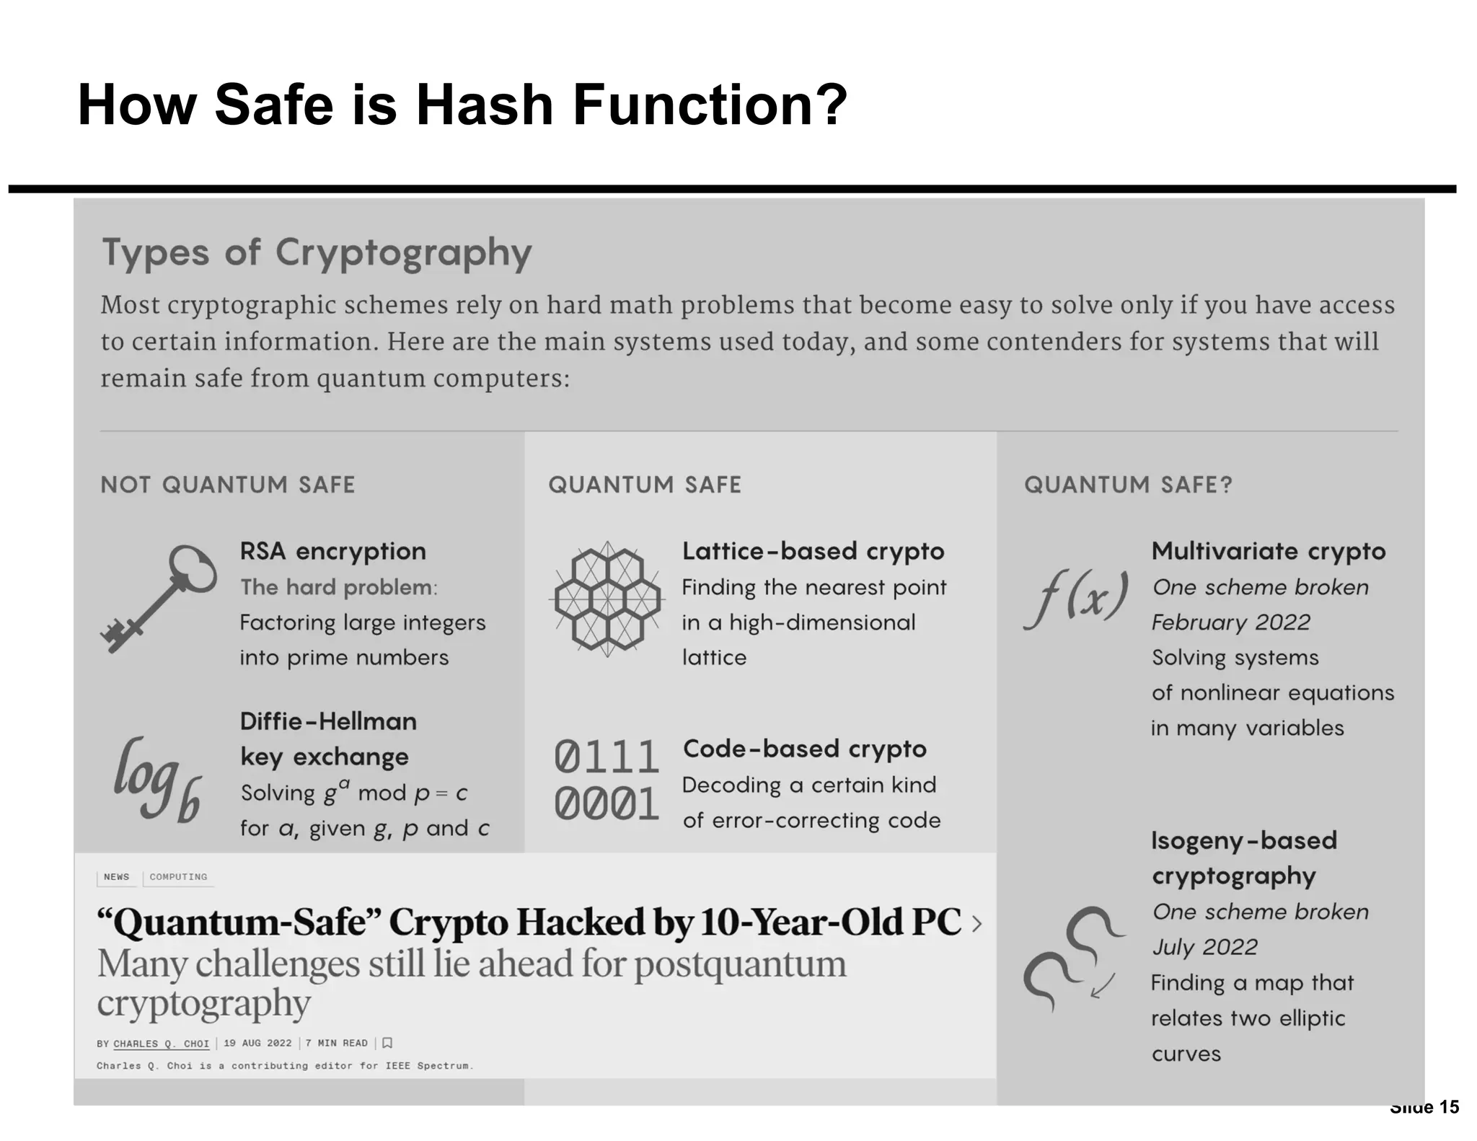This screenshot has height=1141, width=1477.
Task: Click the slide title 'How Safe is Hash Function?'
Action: coord(462,105)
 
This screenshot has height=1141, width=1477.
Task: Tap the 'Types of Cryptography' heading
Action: coord(317,253)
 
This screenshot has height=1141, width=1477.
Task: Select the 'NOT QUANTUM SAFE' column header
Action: coord(228,485)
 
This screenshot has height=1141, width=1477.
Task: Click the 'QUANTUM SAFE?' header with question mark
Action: coord(1128,485)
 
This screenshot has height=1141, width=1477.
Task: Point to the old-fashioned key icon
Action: coord(159,598)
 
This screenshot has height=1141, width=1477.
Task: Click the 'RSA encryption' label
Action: coord(332,552)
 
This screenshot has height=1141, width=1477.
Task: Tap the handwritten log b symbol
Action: coord(157,780)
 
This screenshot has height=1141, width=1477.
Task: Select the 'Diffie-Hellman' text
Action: coord(328,721)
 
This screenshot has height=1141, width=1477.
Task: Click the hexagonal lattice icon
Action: coord(607,599)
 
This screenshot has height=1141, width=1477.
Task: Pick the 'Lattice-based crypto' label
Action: coord(813,552)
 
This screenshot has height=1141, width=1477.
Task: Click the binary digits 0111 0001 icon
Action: coord(607,780)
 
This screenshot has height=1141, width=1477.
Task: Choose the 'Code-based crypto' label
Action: coord(804,749)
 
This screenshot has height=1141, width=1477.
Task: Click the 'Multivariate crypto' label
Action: coord(1269,552)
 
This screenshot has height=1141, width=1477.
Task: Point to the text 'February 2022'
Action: coord(1230,622)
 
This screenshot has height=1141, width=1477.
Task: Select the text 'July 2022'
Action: coord(1204,947)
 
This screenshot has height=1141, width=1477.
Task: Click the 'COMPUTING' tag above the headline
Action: coord(178,877)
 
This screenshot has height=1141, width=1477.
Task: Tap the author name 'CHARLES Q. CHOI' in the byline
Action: coord(161,1044)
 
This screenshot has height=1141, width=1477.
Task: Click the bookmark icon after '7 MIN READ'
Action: coord(387,1043)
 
